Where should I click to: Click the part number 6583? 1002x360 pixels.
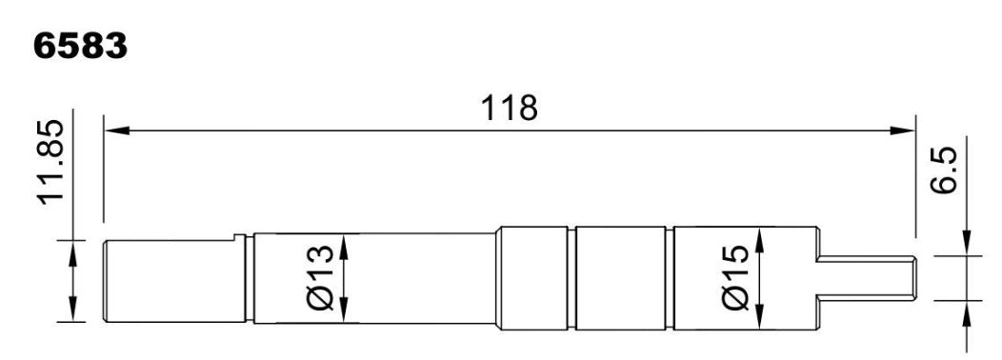coord(80,46)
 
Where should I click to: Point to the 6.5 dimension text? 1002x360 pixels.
coord(945,171)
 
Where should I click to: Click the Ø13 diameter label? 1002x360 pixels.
coord(321,277)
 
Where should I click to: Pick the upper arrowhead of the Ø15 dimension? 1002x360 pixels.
coord(759,235)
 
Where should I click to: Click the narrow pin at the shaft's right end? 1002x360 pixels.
coord(867,277)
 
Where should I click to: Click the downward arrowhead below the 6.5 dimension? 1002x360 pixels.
coord(968,246)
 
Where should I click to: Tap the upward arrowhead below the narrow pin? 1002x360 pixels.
coord(968,310)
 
